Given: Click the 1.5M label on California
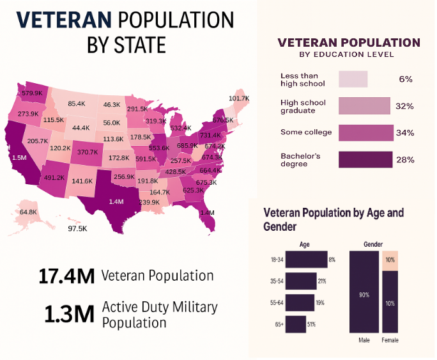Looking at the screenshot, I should point(19,157).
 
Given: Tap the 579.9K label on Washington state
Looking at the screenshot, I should point(32,93).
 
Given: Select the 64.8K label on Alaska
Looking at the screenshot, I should point(28,212).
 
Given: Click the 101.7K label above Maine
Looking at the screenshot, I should point(238,98).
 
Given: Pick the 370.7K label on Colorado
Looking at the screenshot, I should point(88,152).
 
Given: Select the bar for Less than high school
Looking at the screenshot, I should point(353,79).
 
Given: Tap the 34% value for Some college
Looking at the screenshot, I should point(404,133).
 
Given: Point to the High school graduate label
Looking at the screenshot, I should point(303,106).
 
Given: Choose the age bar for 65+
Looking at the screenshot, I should point(295,324).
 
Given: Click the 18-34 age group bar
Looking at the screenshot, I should point(306,260).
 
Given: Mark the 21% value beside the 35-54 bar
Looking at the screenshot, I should point(322,281).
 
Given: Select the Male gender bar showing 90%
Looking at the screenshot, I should point(364,292).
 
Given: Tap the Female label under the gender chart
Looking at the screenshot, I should point(390,340).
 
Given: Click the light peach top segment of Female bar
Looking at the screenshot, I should point(390,260).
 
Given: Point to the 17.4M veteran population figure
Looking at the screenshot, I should point(66,276).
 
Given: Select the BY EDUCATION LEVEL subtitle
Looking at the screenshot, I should point(349,54).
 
